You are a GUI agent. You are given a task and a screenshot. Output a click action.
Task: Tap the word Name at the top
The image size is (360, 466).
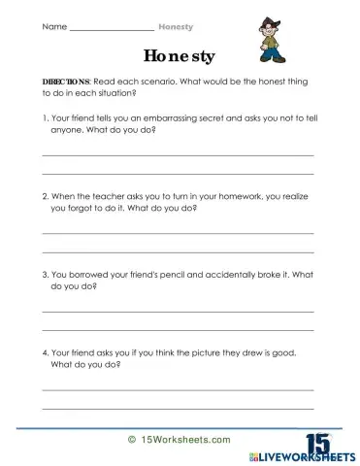coord(54,26)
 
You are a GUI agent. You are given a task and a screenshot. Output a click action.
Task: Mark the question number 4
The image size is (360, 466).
coord(45,353)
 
